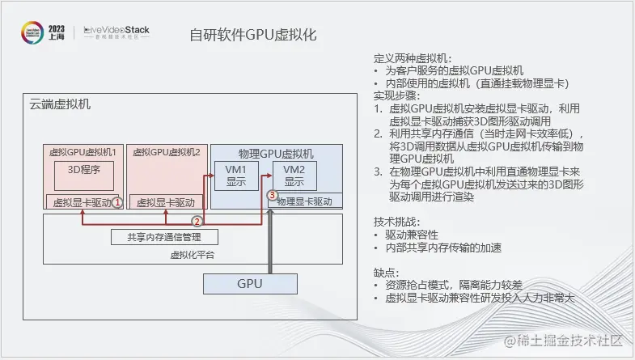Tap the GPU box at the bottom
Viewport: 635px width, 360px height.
(x=249, y=284)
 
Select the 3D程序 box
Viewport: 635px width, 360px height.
(x=83, y=170)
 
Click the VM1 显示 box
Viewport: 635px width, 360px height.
(x=235, y=176)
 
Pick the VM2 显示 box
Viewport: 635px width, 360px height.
(x=294, y=176)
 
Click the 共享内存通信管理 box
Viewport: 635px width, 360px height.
(x=163, y=237)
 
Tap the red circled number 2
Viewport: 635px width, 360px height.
(x=196, y=220)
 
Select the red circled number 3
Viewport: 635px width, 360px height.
(x=272, y=195)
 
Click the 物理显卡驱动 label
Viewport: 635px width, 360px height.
(x=304, y=201)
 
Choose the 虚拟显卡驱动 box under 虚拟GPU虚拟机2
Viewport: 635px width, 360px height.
(x=165, y=201)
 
